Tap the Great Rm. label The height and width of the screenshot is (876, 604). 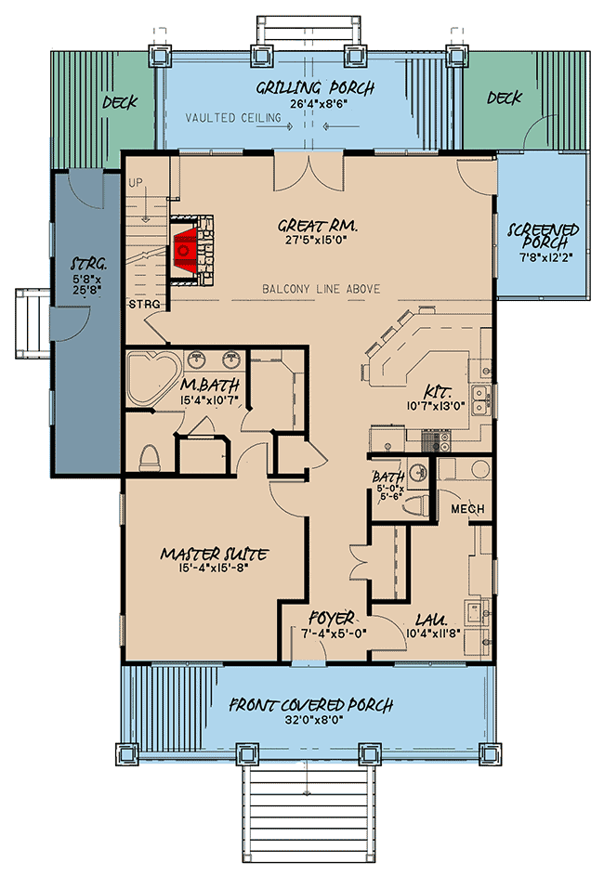(318, 226)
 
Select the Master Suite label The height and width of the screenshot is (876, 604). (214, 554)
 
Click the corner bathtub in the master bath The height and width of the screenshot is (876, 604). (153, 378)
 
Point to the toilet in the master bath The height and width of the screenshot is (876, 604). (150, 457)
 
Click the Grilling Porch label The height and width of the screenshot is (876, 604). (315, 87)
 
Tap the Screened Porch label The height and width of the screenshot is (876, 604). (543, 236)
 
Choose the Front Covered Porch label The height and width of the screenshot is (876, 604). (311, 704)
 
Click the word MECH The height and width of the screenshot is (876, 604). (467, 509)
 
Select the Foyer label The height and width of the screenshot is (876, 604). (331, 618)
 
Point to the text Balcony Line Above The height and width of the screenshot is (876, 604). (322, 289)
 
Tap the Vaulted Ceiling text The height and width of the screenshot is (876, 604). (233, 117)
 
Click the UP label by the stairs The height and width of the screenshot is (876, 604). (136, 183)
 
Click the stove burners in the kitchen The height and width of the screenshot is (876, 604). (436, 441)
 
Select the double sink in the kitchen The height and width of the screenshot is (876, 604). (480, 401)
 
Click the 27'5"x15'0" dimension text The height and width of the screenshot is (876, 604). (318, 241)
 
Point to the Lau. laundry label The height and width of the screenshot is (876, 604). (431, 620)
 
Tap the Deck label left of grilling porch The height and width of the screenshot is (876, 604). (120, 102)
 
